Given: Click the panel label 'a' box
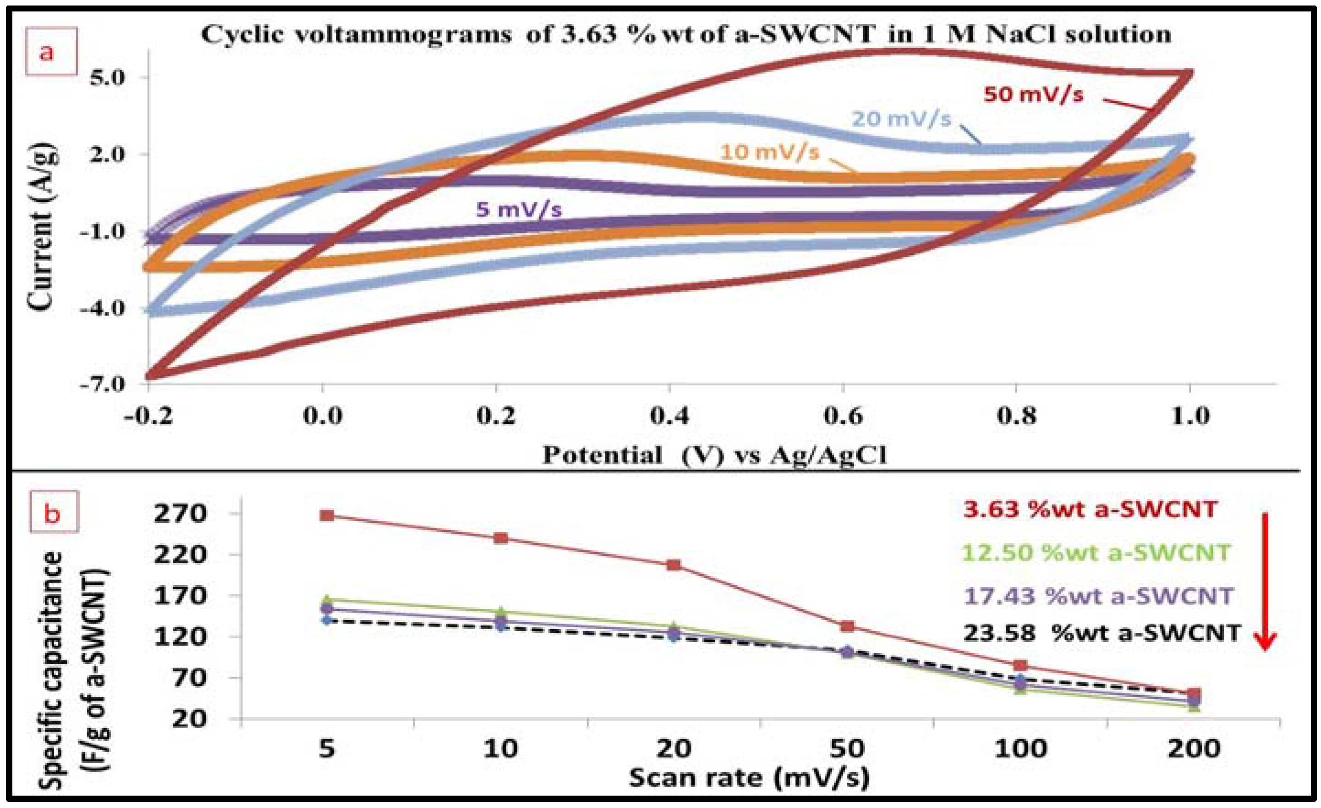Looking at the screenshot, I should click(x=51, y=51).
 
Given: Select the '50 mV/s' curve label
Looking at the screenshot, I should click(x=1033, y=95).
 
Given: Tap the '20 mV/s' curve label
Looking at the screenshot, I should click(x=901, y=119).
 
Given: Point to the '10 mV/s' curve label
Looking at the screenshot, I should click(x=769, y=152).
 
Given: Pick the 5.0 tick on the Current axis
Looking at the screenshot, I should click(x=107, y=77).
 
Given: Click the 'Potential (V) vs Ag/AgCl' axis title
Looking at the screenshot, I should click(x=715, y=455).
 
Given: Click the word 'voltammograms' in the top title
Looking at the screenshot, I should click(x=403, y=35).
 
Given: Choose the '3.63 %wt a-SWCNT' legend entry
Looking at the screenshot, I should click(x=1090, y=509).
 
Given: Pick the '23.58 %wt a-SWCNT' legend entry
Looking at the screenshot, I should click(x=1102, y=633).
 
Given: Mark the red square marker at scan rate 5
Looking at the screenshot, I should click(x=327, y=515).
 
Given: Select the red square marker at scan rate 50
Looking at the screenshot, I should click(x=848, y=625).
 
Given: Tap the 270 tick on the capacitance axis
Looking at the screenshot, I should click(x=180, y=514).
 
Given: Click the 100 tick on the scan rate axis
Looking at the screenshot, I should click(x=1020, y=748).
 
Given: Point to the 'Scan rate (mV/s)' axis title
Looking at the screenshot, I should click(x=749, y=778).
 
